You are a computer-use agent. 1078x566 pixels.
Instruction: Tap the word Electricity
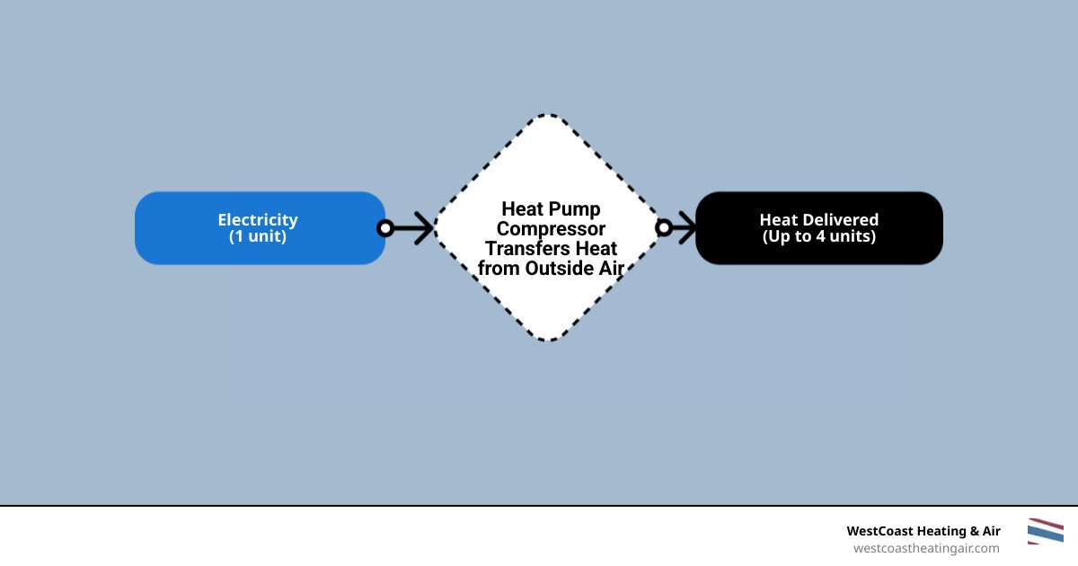coord(258,220)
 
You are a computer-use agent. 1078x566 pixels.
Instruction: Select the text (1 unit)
coord(258,237)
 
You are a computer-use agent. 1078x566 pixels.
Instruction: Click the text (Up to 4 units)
coord(819,237)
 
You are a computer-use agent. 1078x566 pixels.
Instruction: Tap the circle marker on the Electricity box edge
coord(385,228)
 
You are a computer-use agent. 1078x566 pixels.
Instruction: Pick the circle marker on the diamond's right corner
coord(664,228)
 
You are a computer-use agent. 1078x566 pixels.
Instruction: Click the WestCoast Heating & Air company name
coord(923,531)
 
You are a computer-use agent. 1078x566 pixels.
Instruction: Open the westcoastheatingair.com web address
coord(925,548)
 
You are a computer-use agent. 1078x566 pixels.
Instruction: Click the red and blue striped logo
coord(1045,531)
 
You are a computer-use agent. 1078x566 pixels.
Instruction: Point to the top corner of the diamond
coord(549,116)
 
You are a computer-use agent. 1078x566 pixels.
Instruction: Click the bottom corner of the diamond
coord(549,340)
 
